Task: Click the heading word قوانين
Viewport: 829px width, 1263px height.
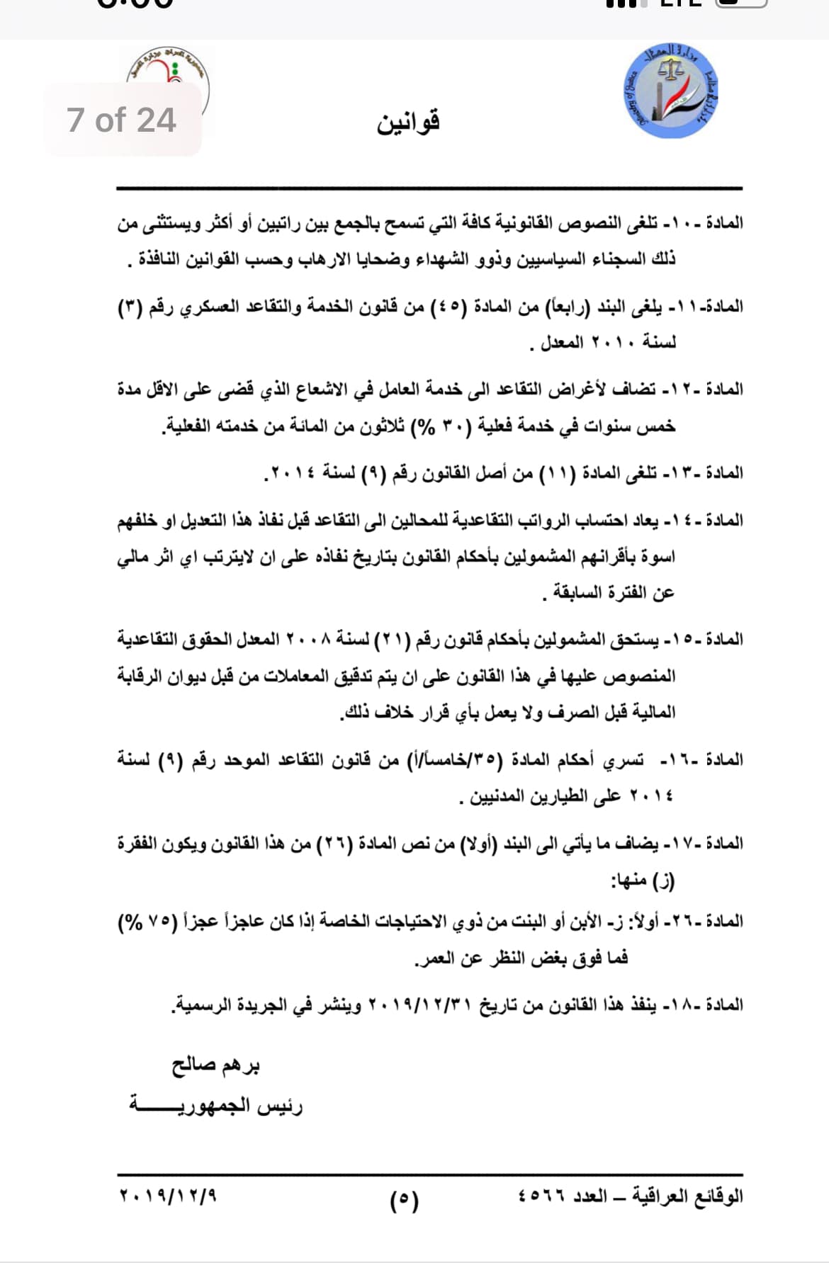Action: pos(408,122)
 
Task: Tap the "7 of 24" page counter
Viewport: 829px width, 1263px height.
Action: pos(121,120)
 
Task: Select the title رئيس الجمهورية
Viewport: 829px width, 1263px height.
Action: pos(216,1105)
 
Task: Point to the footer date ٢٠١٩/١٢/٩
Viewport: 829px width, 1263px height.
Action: pos(168,1196)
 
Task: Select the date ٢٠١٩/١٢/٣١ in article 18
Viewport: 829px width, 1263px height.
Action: pos(421,1004)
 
